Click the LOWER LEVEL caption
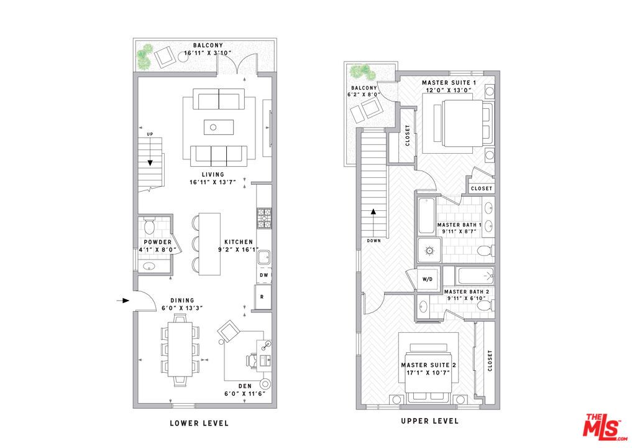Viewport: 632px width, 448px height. click(x=199, y=423)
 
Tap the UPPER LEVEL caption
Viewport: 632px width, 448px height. click(x=429, y=421)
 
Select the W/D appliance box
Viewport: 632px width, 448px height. click(x=428, y=279)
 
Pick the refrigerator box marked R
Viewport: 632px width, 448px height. click(x=262, y=297)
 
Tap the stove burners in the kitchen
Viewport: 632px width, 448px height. click(x=263, y=218)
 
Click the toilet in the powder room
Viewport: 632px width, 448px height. click(x=149, y=225)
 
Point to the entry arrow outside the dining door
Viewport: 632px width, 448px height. click(x=122, y=301)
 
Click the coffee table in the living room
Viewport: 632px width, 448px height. click(x=219, y=127)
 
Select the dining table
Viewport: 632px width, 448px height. click(x=181, y=349)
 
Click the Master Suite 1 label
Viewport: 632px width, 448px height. click(x=449, y=82)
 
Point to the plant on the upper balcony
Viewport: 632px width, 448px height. click(x=358, y=72)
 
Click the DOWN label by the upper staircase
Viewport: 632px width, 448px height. click(x=374, y=240)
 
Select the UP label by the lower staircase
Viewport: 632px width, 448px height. click(x=150, y=134)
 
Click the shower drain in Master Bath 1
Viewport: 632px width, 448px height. click(x=428, y=251)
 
